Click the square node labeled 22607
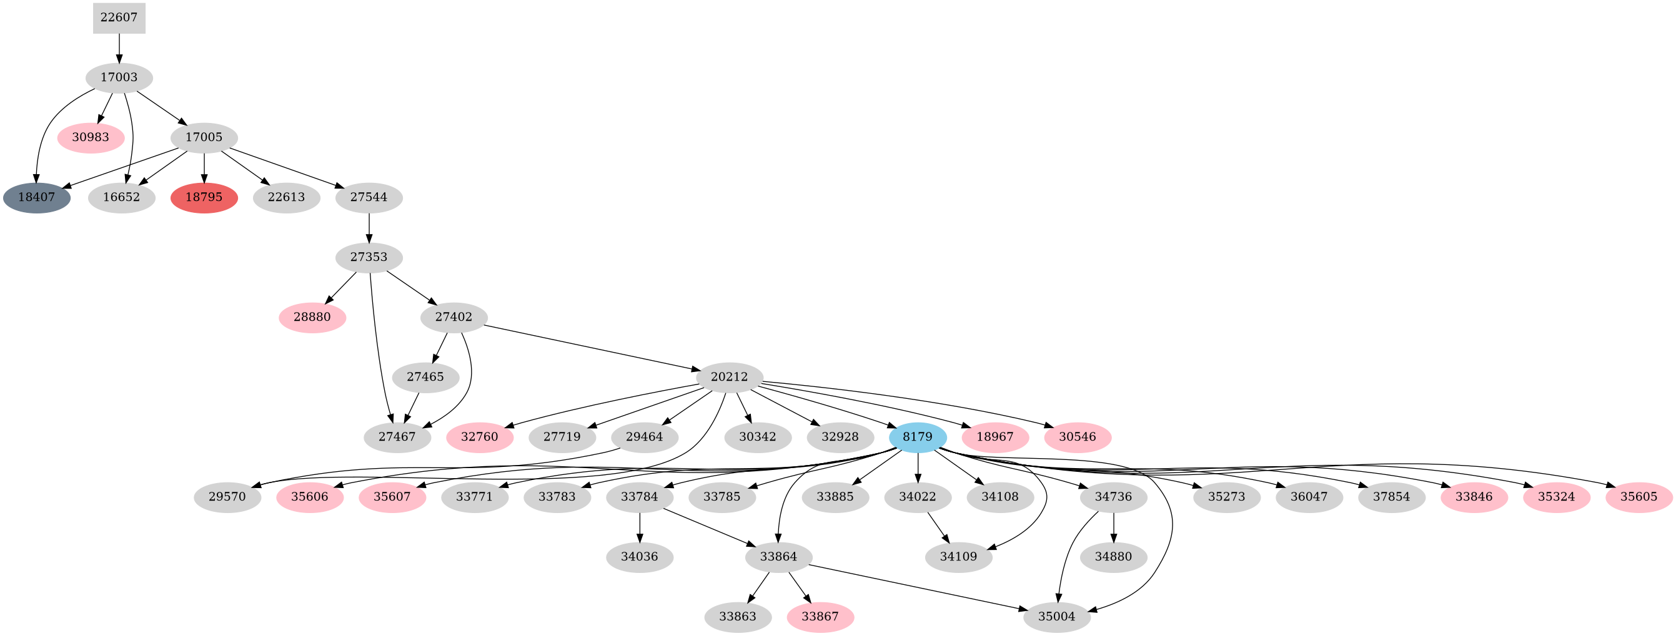point(119,17)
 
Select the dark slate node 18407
point(36,198)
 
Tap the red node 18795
point(204,198)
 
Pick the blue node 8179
point(918,437)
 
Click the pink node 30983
point(91,138)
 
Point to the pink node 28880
point(312,317)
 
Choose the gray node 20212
point(730,377)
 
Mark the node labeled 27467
point(397,437)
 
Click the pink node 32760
point(480,437)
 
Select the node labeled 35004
point(1056,617)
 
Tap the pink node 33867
point(820,617)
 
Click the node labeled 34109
point(958,557)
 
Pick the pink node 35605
point(1639,497)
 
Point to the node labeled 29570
point(227,497)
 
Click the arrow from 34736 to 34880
point(1114,527)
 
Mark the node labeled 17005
point(204,138)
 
